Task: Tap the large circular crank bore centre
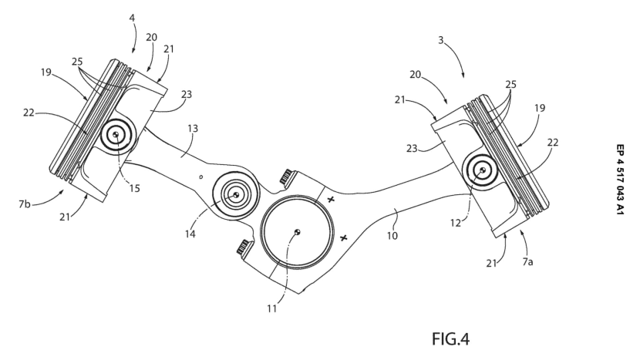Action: (x=298, y=231)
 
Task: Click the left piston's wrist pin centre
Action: (x=115, y=135)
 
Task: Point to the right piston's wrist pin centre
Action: (x=483, y=169)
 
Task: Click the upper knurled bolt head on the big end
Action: (x=285, y=177)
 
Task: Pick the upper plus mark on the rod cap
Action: (x=331, y=200)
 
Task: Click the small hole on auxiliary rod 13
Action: (x=200, y=177)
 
